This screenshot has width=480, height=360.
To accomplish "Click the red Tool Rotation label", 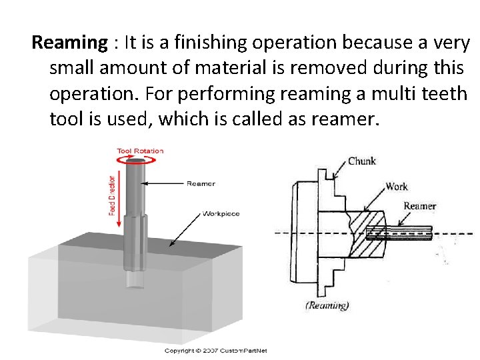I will point(140,151).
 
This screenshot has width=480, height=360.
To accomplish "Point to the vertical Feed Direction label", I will point(111,195).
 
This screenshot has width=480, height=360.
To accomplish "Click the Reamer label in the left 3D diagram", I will point(201,183).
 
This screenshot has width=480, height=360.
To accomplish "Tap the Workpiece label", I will point(221,214).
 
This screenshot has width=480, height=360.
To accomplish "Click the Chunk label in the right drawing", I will point(362,161).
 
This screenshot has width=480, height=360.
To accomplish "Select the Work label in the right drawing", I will point(397,187).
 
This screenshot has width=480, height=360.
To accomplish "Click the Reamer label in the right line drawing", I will point(419,206).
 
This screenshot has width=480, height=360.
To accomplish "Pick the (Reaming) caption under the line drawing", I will point(326,305).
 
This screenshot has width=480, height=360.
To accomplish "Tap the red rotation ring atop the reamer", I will point(140,160).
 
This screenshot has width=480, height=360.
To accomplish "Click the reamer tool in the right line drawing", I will point(400,232).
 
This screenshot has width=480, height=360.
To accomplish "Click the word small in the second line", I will point(75,69).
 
